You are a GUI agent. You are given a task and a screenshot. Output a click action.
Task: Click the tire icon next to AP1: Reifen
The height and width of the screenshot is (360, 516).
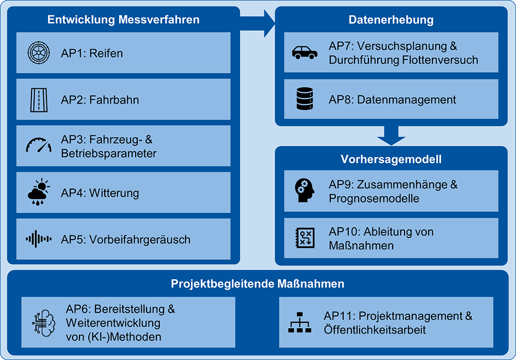pos(39,53)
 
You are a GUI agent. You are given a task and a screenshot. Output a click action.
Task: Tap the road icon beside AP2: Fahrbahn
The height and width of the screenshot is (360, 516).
pos(39,100)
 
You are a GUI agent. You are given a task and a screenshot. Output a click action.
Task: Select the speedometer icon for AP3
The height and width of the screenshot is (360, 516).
pos(39,146)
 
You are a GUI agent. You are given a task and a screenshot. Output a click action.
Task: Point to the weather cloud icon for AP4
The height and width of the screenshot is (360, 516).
pos(39,193)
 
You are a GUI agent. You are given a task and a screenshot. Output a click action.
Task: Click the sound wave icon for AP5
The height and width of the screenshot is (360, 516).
pos(39,239)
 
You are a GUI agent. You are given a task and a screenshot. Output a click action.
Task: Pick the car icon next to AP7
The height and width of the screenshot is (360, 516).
pos(305,53)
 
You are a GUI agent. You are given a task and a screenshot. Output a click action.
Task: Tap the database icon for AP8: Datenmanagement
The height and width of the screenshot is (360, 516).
pos(305,99)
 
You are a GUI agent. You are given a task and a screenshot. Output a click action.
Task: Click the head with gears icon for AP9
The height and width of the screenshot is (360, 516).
pos(305,191)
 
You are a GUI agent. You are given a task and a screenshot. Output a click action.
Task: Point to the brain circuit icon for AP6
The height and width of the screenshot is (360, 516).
pos(44,323)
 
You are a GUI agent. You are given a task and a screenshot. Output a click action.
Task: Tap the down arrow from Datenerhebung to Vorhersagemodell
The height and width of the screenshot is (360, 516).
pos(391,136)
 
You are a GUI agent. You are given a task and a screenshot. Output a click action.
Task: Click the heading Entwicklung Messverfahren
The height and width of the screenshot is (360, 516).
pos(123,20)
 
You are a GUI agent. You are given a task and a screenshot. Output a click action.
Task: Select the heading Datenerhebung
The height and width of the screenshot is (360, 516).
pos(391,20)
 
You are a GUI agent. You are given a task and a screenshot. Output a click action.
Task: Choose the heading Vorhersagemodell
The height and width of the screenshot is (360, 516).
pos(391,159)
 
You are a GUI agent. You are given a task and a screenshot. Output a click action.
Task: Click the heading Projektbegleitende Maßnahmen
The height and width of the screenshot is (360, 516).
pos(257,284)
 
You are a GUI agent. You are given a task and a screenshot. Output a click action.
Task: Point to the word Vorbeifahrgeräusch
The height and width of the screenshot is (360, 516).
pos(140,240)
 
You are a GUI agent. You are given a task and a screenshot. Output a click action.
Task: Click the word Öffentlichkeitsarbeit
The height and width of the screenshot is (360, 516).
pos(375,330)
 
